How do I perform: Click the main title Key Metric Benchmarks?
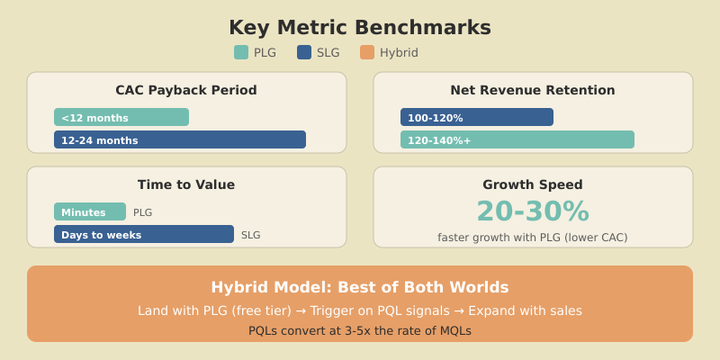pyautogui.click(x=360, y=28)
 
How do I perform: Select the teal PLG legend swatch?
pyautogui.click(x=241, y=52)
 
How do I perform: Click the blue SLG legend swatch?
pyautogui.click(x=304, y=52)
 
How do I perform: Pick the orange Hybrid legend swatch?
pyautogui.click(x=367, y=52)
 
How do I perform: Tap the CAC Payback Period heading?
pyautogui.click(x=186, y=90)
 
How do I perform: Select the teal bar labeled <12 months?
pyautogui.click(x=121, y=117)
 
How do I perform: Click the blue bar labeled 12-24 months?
pyautogui.click(x=180, y=139)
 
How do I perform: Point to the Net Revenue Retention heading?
pyautogui.click(x=533, y=90)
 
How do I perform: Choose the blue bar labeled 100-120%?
pyautogui.click(x=477, y=117)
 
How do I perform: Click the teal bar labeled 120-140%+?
pyautogui.click(x=517, y=139)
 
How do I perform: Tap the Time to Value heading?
pyautogui.click(x=186, y=184)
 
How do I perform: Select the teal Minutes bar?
pyautogui.click(x=90, y=211)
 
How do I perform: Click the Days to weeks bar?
pyautogui.click(x=144, y=234)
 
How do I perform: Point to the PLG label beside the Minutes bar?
pyautogui.click(x=143, y=212)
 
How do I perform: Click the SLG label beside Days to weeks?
pyautogui.click(x=251, y=235)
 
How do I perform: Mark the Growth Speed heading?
pyautogui.click(x=533, y=184)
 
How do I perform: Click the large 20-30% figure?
pyautogui.click(x=533, y=211)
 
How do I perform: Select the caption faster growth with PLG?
pyautogui.click(x=533, y=238)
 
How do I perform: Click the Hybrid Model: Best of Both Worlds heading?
pyautogui.click(x=360, y=287)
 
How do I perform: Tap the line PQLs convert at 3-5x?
pyautogui.click(x=360, y=330)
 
